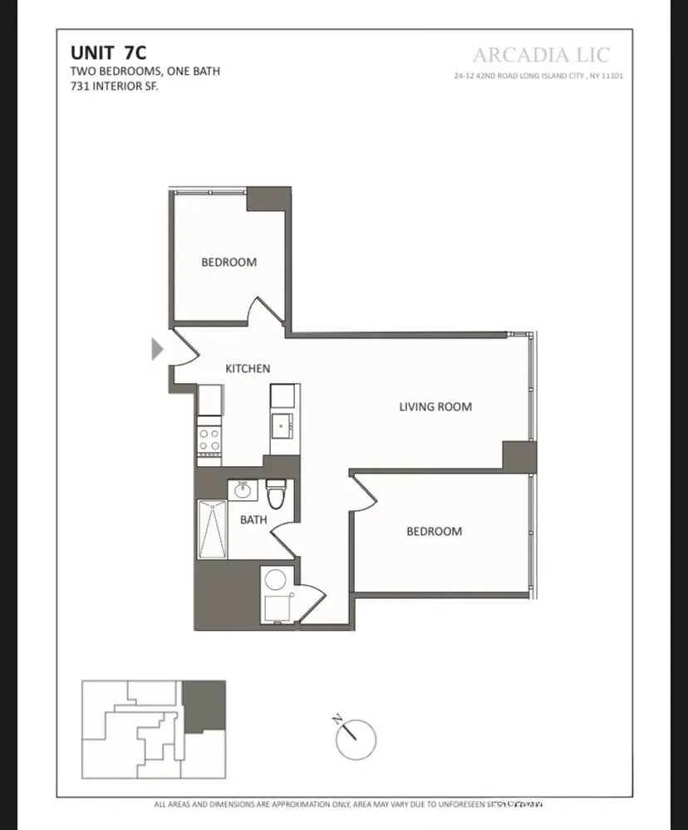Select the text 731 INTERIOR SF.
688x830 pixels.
coord(114,86)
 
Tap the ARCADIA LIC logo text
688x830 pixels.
coord(541,55)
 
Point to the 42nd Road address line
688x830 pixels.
coord(538,76)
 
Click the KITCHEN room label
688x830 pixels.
coord(248,368)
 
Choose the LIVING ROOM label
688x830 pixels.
coord(435,406)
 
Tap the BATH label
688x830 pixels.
coord(253,520)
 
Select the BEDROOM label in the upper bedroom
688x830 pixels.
coord(229,262)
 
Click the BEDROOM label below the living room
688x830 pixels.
coord(434,531)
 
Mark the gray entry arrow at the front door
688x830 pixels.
coord(157,349)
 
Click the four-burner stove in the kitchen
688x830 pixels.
coord(209,440)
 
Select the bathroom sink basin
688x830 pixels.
coord(243,489)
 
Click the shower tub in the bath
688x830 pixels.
coord(211,529)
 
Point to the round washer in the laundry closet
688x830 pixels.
coord(275,579)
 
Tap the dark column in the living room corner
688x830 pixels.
coord(519,456)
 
